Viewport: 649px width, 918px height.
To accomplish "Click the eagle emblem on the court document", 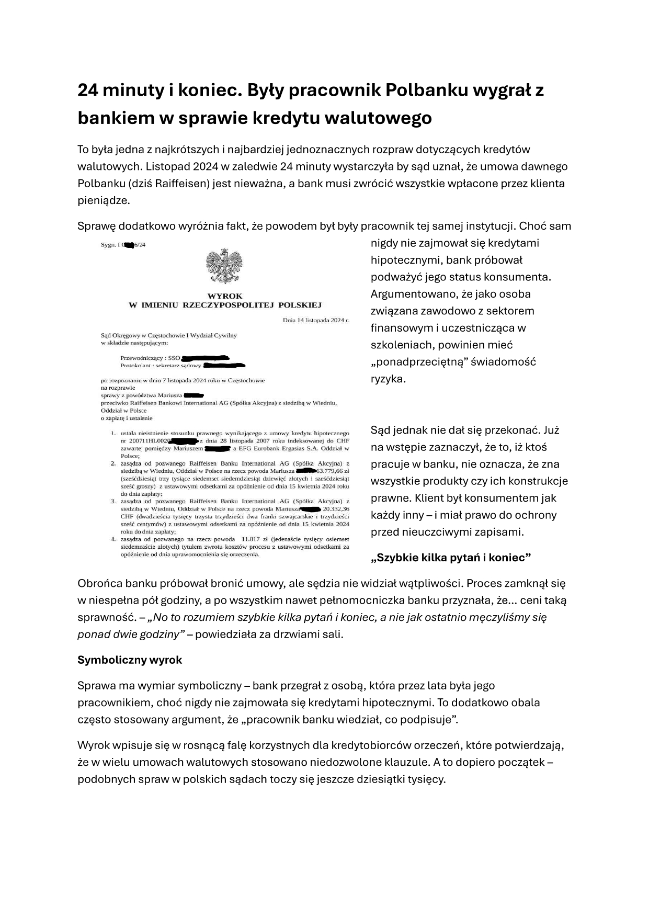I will click(225, 266).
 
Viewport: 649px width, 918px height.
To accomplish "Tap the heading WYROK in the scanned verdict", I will click(225, 296).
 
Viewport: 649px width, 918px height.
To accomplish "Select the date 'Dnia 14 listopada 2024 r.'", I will click(315, 319).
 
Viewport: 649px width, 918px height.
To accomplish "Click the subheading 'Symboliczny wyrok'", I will click(130, 660).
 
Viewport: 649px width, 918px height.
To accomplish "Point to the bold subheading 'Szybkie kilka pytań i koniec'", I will click(451, 557).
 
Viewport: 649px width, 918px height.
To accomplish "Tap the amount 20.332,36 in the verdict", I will click(336, 508).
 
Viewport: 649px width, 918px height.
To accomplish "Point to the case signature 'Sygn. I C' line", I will click(123, 245).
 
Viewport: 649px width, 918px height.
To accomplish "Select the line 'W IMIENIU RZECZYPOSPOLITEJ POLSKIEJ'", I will click(225, 304).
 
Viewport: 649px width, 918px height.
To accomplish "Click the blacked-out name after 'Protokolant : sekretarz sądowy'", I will click(224, 365).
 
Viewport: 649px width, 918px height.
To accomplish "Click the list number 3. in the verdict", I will click(113, 501).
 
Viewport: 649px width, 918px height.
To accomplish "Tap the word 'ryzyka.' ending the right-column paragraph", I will click(388, 379).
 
